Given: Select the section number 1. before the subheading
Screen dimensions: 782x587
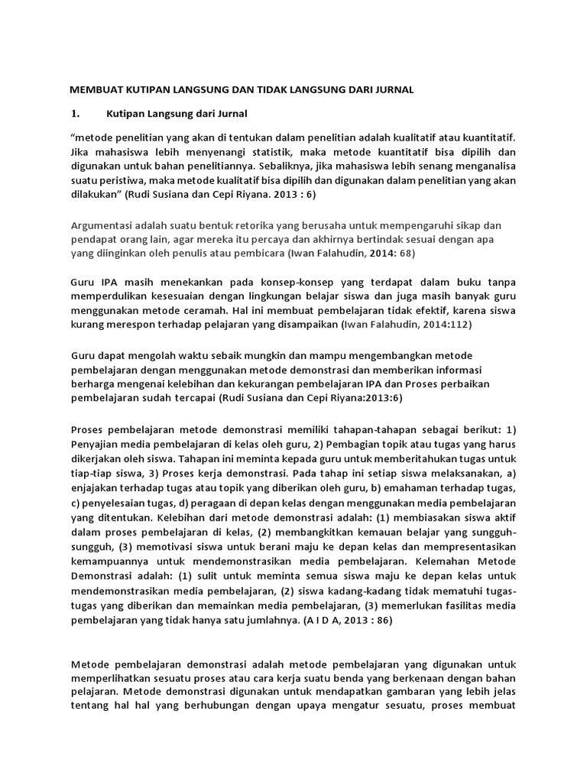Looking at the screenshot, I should (76, 114).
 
